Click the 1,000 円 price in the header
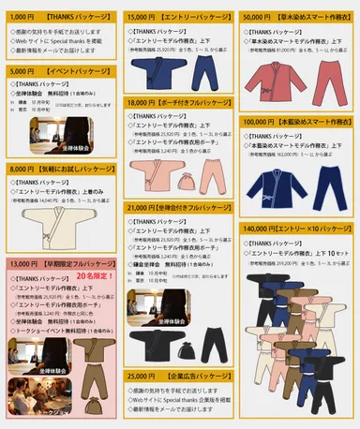pyautogui.click(x=22, y=17)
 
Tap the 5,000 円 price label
pyautogui.click(x=22, y=71)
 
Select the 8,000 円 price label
pyautogui.click(x=22, y=169)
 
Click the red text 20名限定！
pyautogui.click(x=99, y=277)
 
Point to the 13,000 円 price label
pyautogui.click(x=25, y=265)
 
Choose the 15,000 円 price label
pyautogui.click(x=142, y=17)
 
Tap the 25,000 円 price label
pyautogui.click(x=142, y=376)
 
